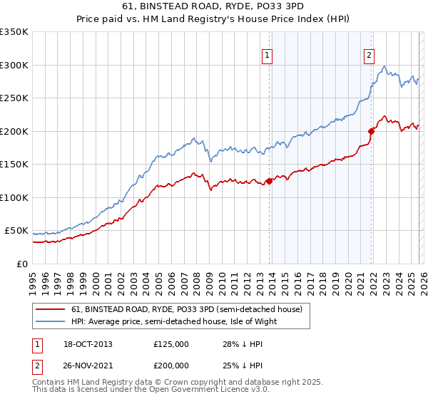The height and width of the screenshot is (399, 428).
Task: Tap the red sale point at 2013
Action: pos(269,181)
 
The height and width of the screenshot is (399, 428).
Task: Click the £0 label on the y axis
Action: pos(22,264)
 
